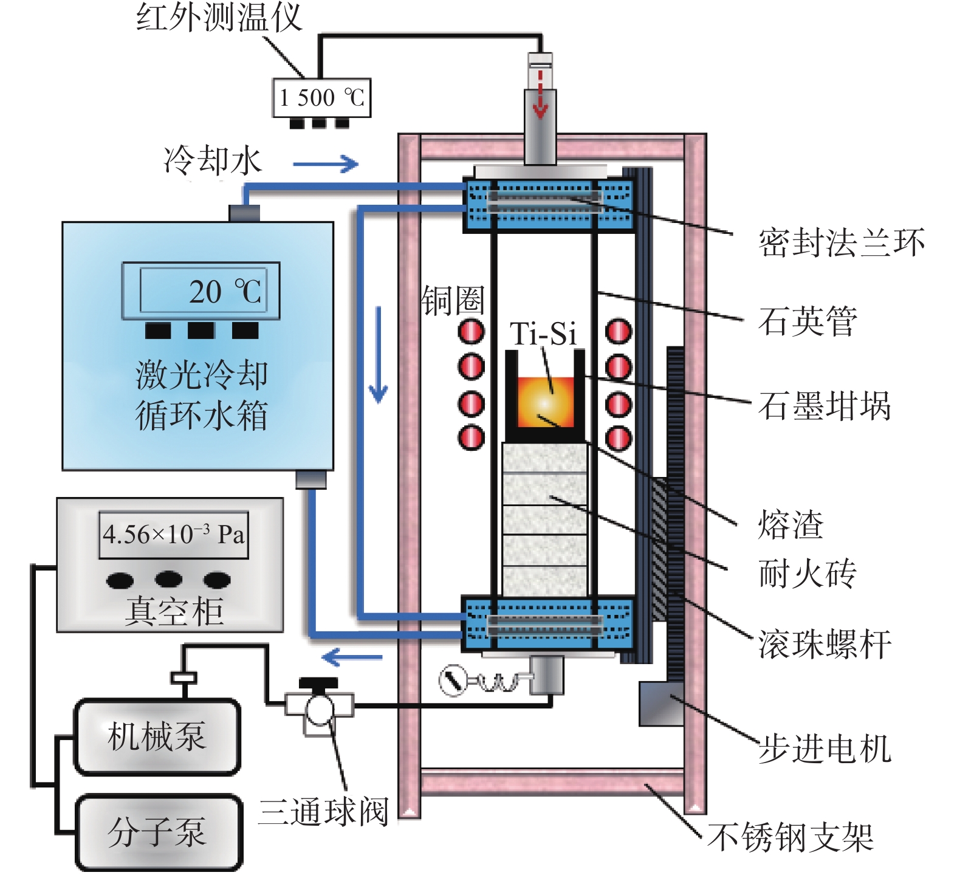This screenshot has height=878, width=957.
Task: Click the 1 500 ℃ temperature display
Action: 321,97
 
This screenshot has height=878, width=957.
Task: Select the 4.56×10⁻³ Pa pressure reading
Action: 174,535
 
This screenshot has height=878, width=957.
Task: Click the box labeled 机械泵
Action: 157,736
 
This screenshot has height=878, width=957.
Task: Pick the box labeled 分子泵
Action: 158,831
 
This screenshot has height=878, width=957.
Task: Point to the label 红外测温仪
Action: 219,17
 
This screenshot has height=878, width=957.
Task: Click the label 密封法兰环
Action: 842,242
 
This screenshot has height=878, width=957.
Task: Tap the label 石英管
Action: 808,321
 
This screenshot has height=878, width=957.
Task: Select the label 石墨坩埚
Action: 825,406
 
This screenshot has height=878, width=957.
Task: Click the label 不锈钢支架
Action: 791,837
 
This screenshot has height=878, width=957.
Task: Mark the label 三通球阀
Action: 323,812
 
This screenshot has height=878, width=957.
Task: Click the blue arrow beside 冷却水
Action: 326,163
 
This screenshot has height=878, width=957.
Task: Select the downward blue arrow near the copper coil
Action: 379,355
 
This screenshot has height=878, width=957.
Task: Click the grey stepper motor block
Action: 662,704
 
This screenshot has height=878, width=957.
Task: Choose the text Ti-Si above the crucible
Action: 543,334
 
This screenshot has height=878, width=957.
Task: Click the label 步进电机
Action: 825,749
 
